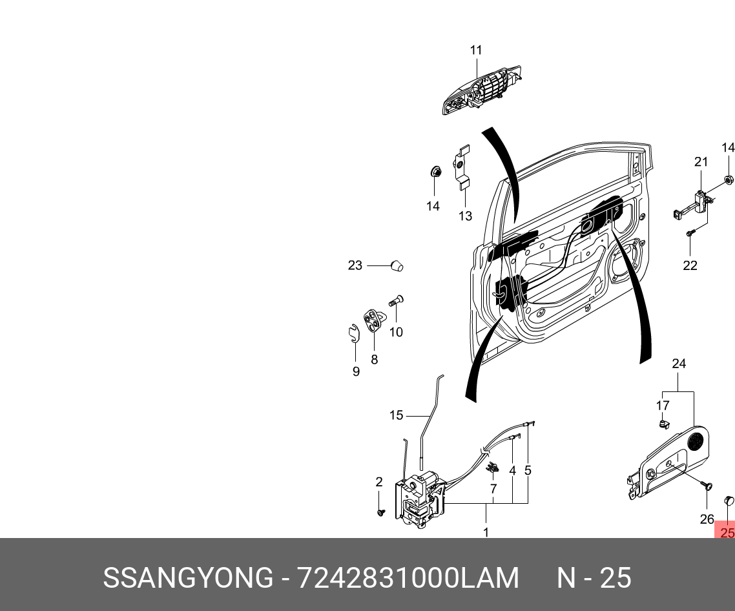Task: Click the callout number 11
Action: tap(476, 50)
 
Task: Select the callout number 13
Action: tap(466, 216)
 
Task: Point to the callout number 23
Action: tap(355, 265)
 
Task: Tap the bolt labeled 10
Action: tap(395, 300)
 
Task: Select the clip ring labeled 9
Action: tap(352, 333)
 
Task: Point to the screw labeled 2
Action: tap(380, 512)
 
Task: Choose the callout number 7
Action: tap(493, 489)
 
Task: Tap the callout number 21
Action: tap(701, 161)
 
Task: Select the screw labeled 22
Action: tap(690, 234)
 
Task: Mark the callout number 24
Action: tap(678, 364)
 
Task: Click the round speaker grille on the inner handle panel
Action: tap(696, 441)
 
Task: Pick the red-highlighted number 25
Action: tap(727, 533)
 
